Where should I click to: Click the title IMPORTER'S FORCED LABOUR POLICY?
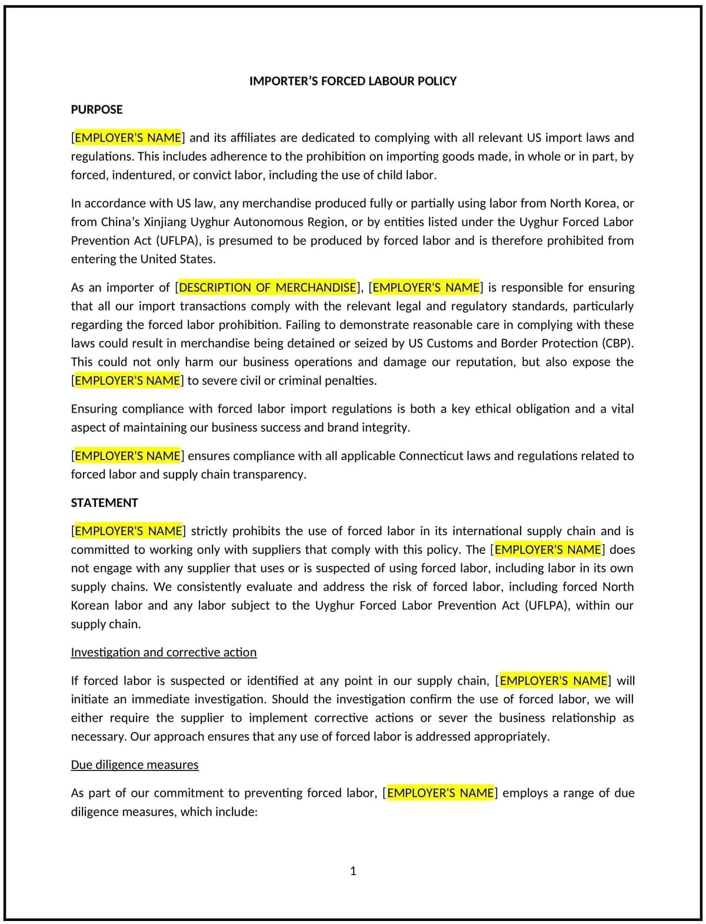click(352, 81)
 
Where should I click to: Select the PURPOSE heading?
click(96, 109)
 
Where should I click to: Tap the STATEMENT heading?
click(104, 503)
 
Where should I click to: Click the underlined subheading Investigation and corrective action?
click(164, 652)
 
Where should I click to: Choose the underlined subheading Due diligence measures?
click(135, 765)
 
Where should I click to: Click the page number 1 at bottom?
click(353, 871)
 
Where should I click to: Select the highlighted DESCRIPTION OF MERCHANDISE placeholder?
click(268, 288)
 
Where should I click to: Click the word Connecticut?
click(444, 456)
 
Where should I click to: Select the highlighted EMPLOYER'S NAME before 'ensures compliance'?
click(128, 456)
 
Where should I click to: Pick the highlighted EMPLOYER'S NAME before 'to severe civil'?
click(128, 381)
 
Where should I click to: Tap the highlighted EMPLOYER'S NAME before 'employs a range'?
click(440, 793)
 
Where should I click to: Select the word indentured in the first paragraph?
click(143, 175)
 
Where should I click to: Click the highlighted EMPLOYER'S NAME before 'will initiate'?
click(553, 681)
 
